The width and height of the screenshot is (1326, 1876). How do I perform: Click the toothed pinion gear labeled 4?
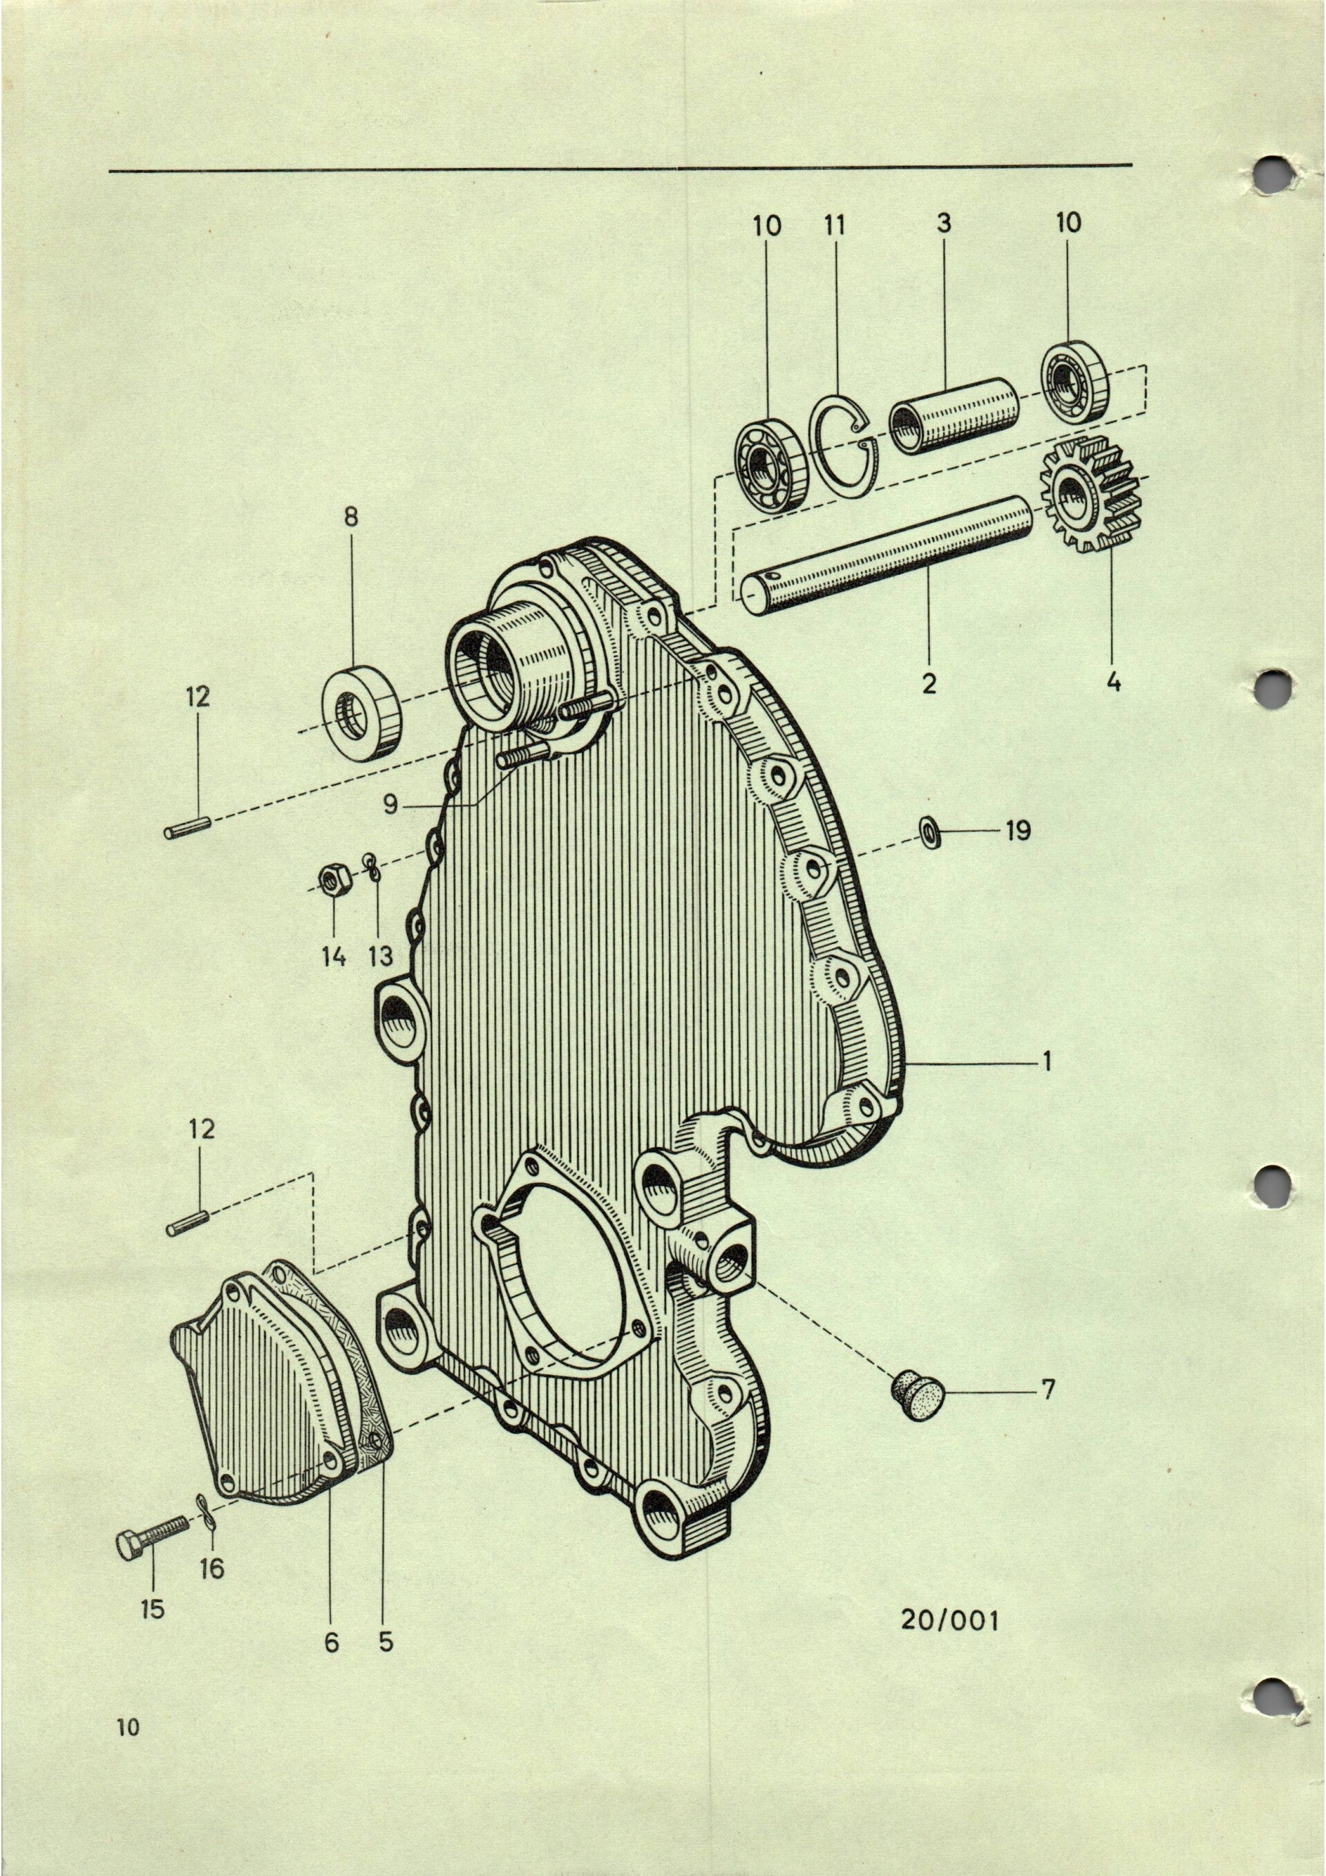(x=1080, y=495)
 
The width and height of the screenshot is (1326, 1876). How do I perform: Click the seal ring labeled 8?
(x=363, y=713)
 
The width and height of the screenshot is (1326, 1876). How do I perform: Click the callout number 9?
(x=390, y=804)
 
